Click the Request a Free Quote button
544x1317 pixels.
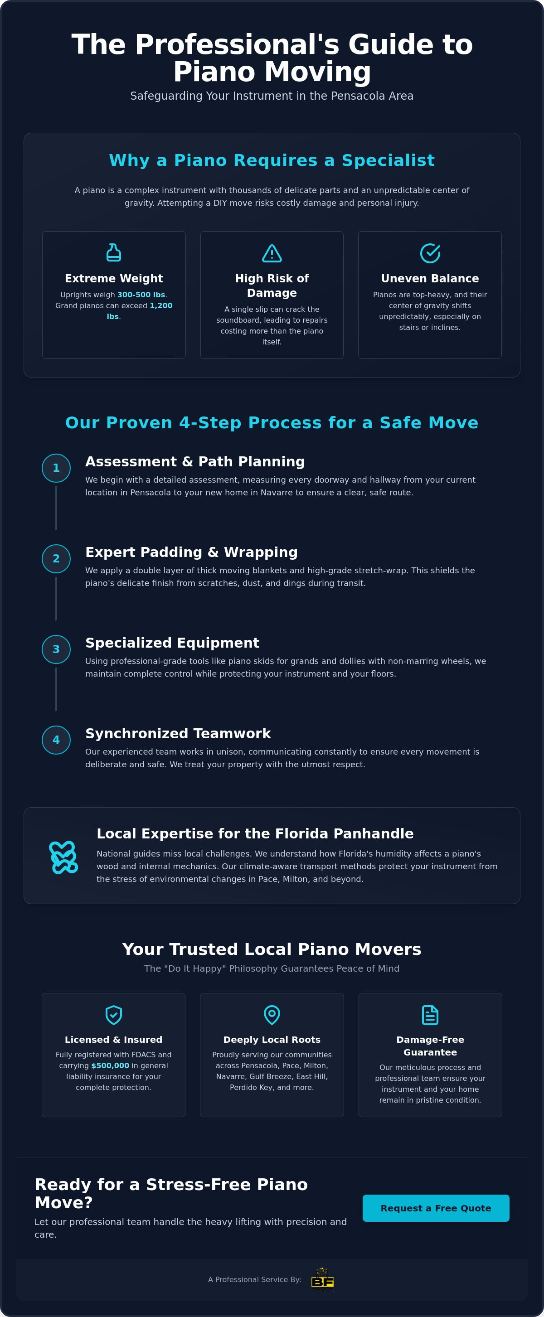coord(436,1208)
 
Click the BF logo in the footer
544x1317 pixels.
coord(323,1279)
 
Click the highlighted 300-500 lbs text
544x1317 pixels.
coord(141,295)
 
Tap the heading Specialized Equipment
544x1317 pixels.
coord(172,643)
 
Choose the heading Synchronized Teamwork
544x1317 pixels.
coord(178,733)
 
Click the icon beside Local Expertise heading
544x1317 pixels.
coord(63,857)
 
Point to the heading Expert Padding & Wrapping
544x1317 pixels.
coord(192,552)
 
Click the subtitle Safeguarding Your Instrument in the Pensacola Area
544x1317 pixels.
coord(272,96)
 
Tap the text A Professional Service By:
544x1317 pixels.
coord(255,1279)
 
